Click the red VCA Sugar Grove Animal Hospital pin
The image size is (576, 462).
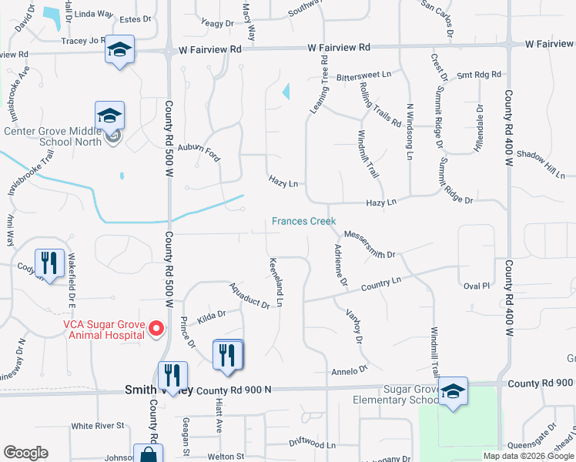(x=155, y=330)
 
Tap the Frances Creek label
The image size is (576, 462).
(x=303, y=222)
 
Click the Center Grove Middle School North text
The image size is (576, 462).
(x=52, y=136)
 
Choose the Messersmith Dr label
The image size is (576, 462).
(x=369, y=244)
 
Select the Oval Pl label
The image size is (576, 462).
(x=477, y=286)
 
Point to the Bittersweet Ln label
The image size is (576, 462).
(x=363, y=76)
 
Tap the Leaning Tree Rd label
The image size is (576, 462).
(x=319, y=91)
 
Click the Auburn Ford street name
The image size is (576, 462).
(x=199, y=152)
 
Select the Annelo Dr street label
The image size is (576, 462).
(x=350, y=371)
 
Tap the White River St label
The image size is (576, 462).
(x=97, y=426)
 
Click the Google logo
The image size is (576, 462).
(x=25, y=453)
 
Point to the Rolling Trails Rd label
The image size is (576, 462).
(x=380, y=105)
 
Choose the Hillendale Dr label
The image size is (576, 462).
(x=478, y=128)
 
